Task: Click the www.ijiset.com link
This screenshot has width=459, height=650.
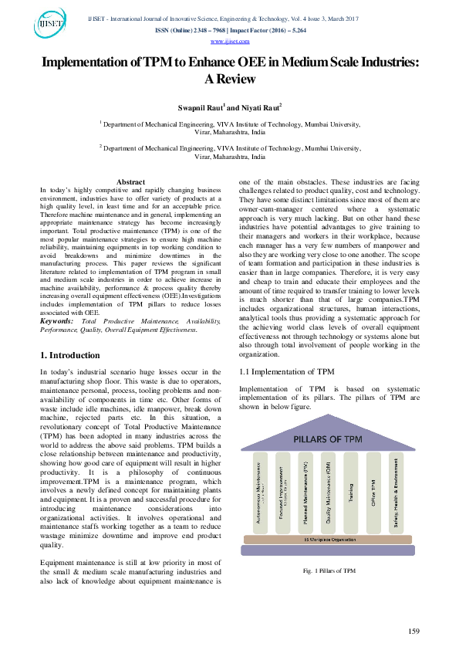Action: tap(228, 41)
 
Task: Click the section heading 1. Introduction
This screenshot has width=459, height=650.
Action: tap(69, 355)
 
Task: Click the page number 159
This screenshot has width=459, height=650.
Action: tap(413, 631)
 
